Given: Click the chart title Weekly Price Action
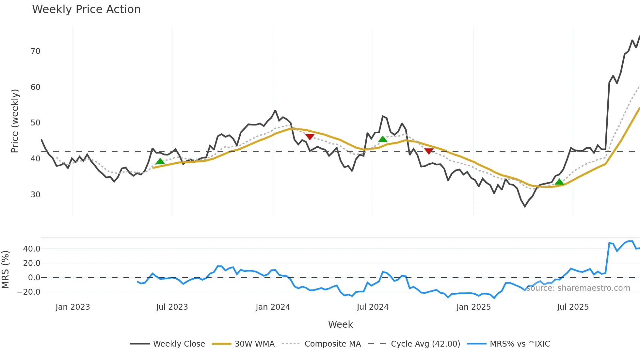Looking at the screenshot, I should coord(86,9).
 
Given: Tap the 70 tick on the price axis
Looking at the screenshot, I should coord(36,51).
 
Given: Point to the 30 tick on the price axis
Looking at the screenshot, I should coord(36,195).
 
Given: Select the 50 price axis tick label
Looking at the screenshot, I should coord(36,123).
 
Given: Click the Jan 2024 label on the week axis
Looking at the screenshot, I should coord(273,307).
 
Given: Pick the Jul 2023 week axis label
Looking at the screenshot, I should coord(172,307).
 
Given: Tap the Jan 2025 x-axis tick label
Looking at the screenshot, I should coord(473,307).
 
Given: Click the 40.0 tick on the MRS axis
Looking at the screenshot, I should coord(32,249).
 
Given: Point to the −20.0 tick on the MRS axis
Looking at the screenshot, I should coord(29,292).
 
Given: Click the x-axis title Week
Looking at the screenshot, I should coord(340,324).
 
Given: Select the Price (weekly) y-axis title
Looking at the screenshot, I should coord(15,121).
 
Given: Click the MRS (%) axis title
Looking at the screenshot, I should coord(6,270).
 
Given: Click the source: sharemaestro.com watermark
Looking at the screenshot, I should coord(578,288).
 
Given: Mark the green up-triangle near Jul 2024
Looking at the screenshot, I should coord(383,139).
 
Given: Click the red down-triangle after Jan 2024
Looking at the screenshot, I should coord(310,137).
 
